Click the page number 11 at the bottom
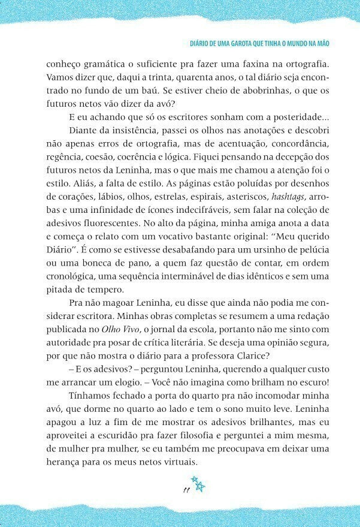[x=187, y=490]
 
